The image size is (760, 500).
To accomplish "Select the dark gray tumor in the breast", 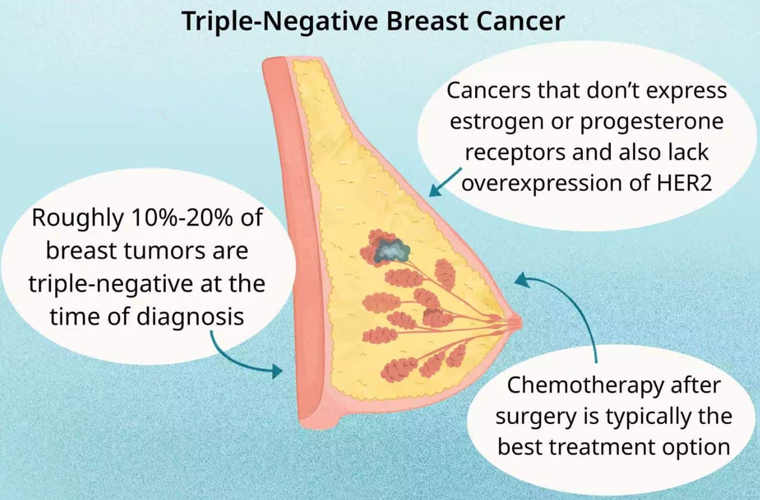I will (391, 251).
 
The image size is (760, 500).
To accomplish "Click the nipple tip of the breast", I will (520, 323).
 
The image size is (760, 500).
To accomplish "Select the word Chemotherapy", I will (585, 386).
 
